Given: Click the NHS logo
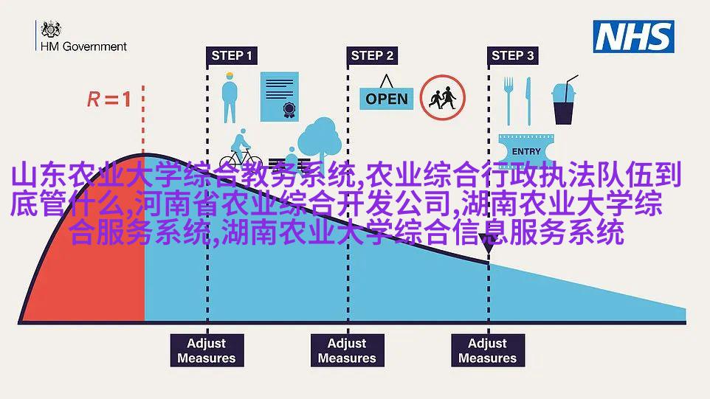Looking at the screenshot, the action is click(633, 37).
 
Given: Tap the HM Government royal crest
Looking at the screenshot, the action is click(51, 30).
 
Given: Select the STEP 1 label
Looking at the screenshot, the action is click(232, 55).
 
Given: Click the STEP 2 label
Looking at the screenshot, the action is click(372, 55).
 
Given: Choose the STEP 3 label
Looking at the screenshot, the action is click(513, 55).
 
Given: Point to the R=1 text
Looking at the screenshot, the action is click(109, 99).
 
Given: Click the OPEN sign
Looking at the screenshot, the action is click(386, 94).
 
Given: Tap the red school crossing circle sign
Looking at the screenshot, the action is click(442, 97).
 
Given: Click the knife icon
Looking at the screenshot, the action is click(528, 101).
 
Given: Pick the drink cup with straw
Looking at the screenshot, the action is click(564, 100).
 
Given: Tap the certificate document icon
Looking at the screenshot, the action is click(280, 97).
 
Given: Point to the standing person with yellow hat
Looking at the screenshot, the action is click(230, 97).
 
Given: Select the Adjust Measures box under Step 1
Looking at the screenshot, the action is click(207, 350).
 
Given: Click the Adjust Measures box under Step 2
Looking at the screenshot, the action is click(348, 350).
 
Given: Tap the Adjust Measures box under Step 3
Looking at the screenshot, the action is click(488, 350).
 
